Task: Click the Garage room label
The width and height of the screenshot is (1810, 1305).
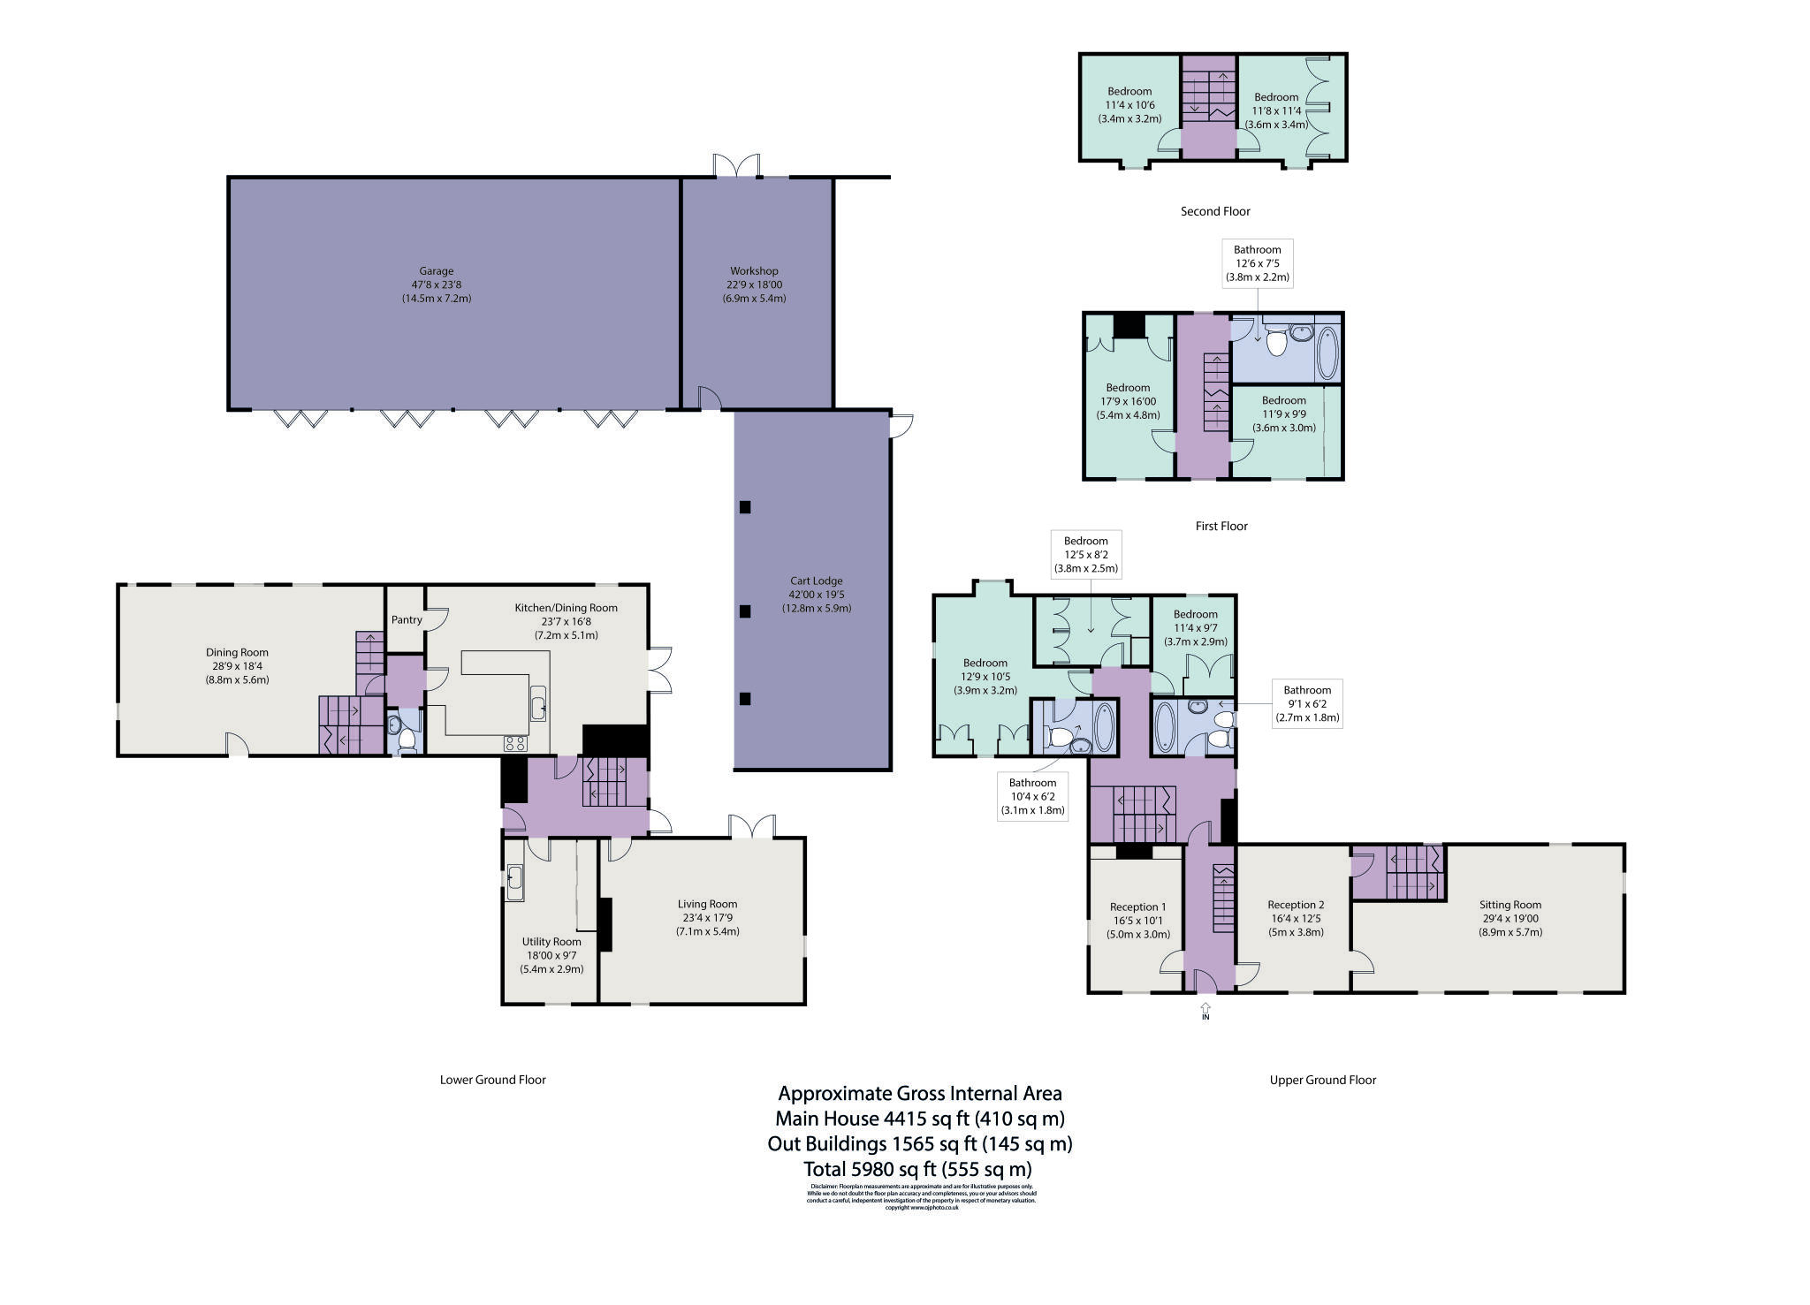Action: [x=437, y=272]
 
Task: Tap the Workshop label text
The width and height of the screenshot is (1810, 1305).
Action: [x=754, y=271]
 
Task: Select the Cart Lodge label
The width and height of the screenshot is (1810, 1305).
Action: [x=816, y=581]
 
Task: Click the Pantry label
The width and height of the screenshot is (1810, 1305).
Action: [x=407, y=620]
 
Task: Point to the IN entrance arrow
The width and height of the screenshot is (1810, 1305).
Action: [x=1205, y=1009]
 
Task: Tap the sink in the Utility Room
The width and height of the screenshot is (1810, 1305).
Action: [x=514, y=883]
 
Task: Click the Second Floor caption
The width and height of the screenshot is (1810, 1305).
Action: [x=1215, y=211]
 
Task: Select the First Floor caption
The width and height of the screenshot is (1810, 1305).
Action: [x=1221, y=526]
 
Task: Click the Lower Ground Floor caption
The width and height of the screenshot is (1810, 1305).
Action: [x=492, y=1080]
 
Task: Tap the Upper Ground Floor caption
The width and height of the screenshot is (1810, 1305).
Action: [x=1322, y=1080]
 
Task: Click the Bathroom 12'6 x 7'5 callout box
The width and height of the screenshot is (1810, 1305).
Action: [x=1257, y=262]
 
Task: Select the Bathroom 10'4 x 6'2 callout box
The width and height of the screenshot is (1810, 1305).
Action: [x=1032, y=796]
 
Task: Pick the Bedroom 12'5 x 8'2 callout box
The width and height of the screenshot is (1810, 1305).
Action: [x=1085, y=554]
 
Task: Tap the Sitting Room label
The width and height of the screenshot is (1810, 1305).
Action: [x=1510, y=905]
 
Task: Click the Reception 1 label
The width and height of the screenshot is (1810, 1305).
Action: [x=1137, y=907]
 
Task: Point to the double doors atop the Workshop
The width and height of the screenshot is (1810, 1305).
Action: [x=736, y=165]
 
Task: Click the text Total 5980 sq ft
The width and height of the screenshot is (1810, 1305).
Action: [x=916, y=1169]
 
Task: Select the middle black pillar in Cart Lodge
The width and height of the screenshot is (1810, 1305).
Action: [x=745, y=611]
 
